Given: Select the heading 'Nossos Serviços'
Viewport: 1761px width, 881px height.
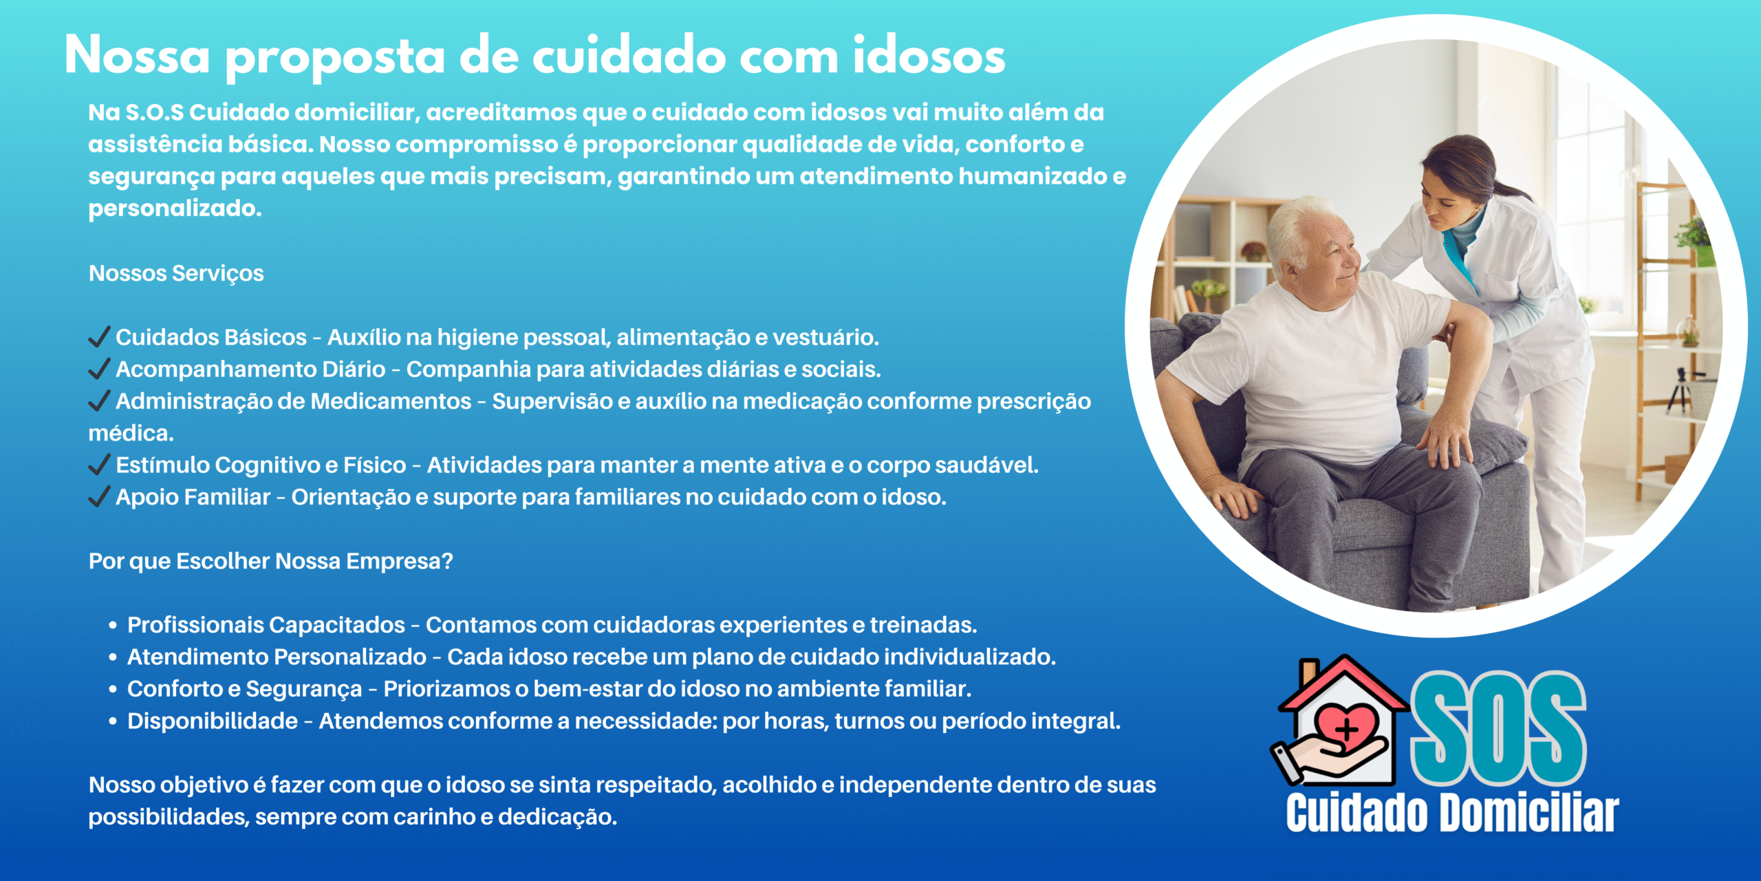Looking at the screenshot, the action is tap(176, 273).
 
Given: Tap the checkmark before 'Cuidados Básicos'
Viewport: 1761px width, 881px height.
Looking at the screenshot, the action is tap(100, 337).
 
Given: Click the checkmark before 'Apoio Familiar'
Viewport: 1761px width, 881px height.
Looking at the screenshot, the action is tap(100, 497).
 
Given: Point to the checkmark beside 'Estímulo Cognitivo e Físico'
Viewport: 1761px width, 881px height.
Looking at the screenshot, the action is tap(100, 465).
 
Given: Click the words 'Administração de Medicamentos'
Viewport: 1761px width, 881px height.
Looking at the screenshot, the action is tap(294, 401).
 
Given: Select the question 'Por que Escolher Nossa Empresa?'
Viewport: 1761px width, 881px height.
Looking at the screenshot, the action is tap(271, 562).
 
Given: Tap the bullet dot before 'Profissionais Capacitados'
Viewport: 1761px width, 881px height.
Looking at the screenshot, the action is tap(112, 626).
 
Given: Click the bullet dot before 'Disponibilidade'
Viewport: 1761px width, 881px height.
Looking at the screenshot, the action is tap(112, 722).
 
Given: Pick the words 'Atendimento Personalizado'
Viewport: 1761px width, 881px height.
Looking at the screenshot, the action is tap(277, 657).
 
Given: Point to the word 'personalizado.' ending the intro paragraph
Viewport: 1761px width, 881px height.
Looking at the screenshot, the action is tap(175, 209).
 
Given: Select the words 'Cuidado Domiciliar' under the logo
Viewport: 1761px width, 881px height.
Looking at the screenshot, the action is tap(1452, 813).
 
